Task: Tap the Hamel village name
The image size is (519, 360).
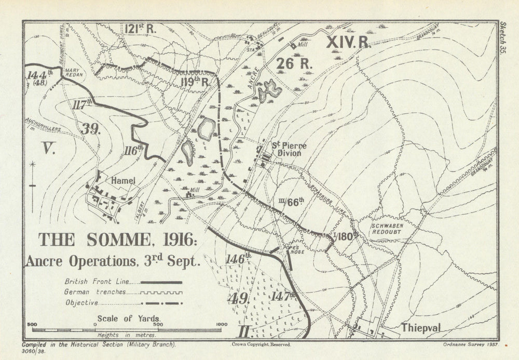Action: (x=124, y=180)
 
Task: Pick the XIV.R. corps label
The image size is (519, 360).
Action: (x=348, y=43)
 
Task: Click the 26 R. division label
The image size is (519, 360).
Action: (x=294, y=64)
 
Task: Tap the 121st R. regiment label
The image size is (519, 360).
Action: (x=140, y=29)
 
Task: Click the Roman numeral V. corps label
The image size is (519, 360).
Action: (x=49, y=150)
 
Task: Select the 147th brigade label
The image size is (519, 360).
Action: (x=283, y=296)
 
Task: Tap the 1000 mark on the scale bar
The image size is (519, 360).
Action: (x=222, y=324)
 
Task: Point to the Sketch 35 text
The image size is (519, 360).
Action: (x=502, y=39)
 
